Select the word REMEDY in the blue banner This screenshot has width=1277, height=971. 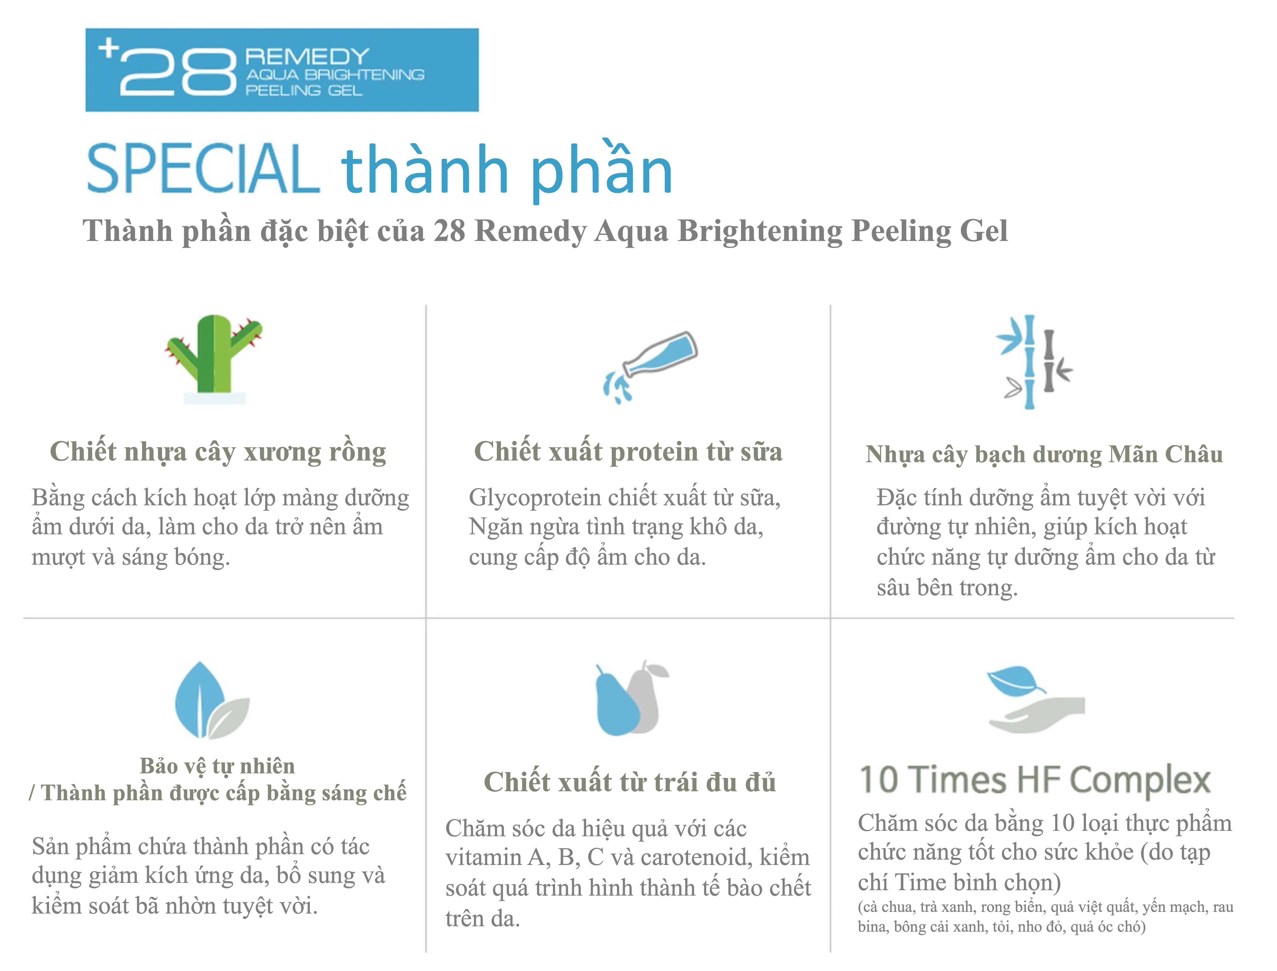307,57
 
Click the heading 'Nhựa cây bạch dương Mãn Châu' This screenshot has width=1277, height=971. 1044,454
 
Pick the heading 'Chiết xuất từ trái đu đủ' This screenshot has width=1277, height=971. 630,782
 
